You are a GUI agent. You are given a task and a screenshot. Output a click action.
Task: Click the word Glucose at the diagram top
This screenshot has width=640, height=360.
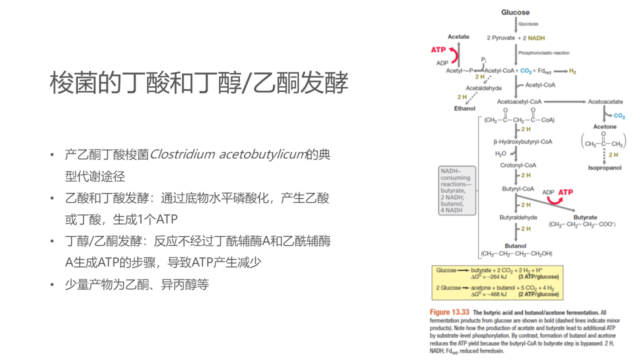(515, 12)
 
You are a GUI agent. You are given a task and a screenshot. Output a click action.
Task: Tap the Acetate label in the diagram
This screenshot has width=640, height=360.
(458, 36)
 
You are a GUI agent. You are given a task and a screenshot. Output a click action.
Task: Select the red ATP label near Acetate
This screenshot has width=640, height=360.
(438, 50)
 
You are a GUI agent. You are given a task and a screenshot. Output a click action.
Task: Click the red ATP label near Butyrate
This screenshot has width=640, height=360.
(565, 192)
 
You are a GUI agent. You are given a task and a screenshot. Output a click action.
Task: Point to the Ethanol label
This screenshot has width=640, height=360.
(464, 108)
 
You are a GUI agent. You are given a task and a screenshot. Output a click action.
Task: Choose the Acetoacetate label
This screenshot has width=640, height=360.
(605, 102)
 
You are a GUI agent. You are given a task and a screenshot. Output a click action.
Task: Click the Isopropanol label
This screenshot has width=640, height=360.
(604, 168)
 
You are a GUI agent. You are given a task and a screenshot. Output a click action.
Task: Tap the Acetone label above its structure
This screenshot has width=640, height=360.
(604, 127)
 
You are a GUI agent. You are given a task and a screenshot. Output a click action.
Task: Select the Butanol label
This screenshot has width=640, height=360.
(515, 246)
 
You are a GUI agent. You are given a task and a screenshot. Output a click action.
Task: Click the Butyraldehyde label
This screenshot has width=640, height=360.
(518, 217)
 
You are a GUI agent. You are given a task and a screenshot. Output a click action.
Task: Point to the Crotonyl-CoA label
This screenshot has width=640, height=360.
(518, 165)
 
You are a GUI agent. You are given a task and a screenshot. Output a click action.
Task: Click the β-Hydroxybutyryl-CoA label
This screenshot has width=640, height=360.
(522, 142)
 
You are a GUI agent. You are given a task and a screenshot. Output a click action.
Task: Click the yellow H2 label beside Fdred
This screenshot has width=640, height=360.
(572, 71)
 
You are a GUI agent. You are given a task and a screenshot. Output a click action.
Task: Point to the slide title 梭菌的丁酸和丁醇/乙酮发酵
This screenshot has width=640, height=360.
(199, 83)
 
